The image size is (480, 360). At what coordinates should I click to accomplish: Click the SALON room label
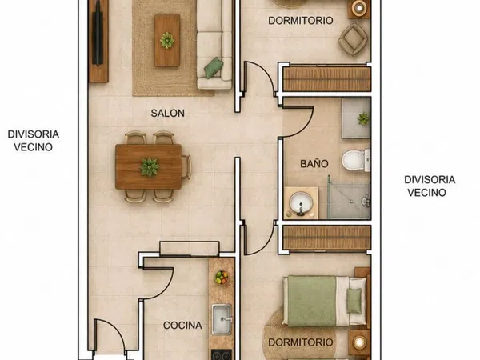pos(167,114)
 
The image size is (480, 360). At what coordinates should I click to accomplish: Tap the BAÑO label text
pos(314,163)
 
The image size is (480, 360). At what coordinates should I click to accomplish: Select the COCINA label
pos(182,325)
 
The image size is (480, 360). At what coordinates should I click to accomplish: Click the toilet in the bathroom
pos(356,160)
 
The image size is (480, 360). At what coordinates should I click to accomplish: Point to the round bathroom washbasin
pos(302,202)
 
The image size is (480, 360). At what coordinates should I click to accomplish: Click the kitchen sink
pos(222,319)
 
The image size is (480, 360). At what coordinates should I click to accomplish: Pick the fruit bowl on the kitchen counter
pos(222,278)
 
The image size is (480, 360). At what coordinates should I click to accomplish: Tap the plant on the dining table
pos(150,167)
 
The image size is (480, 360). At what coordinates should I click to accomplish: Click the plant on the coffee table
pos(167,41)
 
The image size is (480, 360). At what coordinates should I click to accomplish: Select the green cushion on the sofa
pos(214,68)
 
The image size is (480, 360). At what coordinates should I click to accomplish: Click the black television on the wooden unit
pos(98,33)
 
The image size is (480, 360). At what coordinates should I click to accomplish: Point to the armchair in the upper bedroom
pos(354,39)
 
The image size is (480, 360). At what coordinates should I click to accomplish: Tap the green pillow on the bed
pos(354,301)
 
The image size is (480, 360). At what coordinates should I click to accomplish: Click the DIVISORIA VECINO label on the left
pos(34,141)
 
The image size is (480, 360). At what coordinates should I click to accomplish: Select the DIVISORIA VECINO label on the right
pos(430,186)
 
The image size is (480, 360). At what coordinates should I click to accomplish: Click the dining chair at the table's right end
pos(186,167)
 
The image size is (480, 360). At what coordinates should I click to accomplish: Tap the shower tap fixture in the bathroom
pos(366,201)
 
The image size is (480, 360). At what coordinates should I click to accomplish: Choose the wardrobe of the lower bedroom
pos(326,238)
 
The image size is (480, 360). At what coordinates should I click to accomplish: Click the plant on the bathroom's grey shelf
pos(363,118)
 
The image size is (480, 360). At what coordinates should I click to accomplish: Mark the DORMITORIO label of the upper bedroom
pos(301,21)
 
